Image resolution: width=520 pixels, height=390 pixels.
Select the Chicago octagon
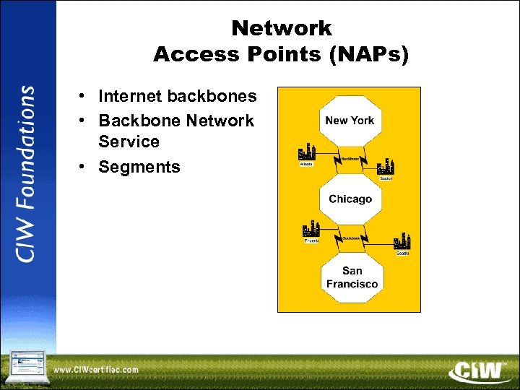350,199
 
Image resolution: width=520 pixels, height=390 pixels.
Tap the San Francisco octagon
352,277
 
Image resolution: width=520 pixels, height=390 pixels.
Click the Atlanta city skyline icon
308,152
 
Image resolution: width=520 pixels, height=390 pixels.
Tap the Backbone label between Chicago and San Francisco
351,238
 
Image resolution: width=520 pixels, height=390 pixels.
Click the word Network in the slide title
282,29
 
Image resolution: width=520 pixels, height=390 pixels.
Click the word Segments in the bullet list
139,167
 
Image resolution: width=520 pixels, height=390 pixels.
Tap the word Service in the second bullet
129,142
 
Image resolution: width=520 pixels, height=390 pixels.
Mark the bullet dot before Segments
84,167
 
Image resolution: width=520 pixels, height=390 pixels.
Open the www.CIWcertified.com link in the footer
96,370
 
